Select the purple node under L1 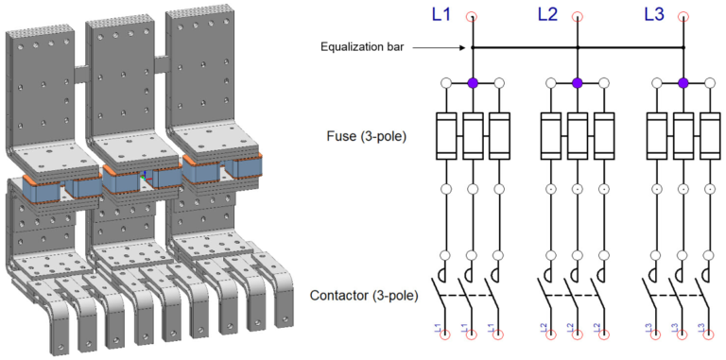[x=473, y=83]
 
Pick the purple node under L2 [x=578, y=83]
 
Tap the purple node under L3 [x=683, y=83]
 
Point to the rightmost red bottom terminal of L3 [x=709, y=334]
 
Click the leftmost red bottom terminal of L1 [x=446, y=334]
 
